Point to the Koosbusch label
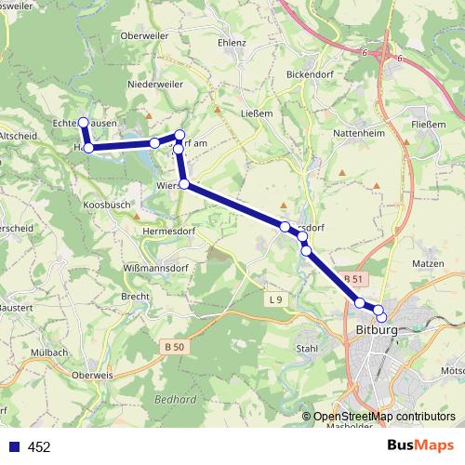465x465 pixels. coord(107,204)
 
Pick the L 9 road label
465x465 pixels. coord(274,299)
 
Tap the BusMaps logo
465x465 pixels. coord(421,446)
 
